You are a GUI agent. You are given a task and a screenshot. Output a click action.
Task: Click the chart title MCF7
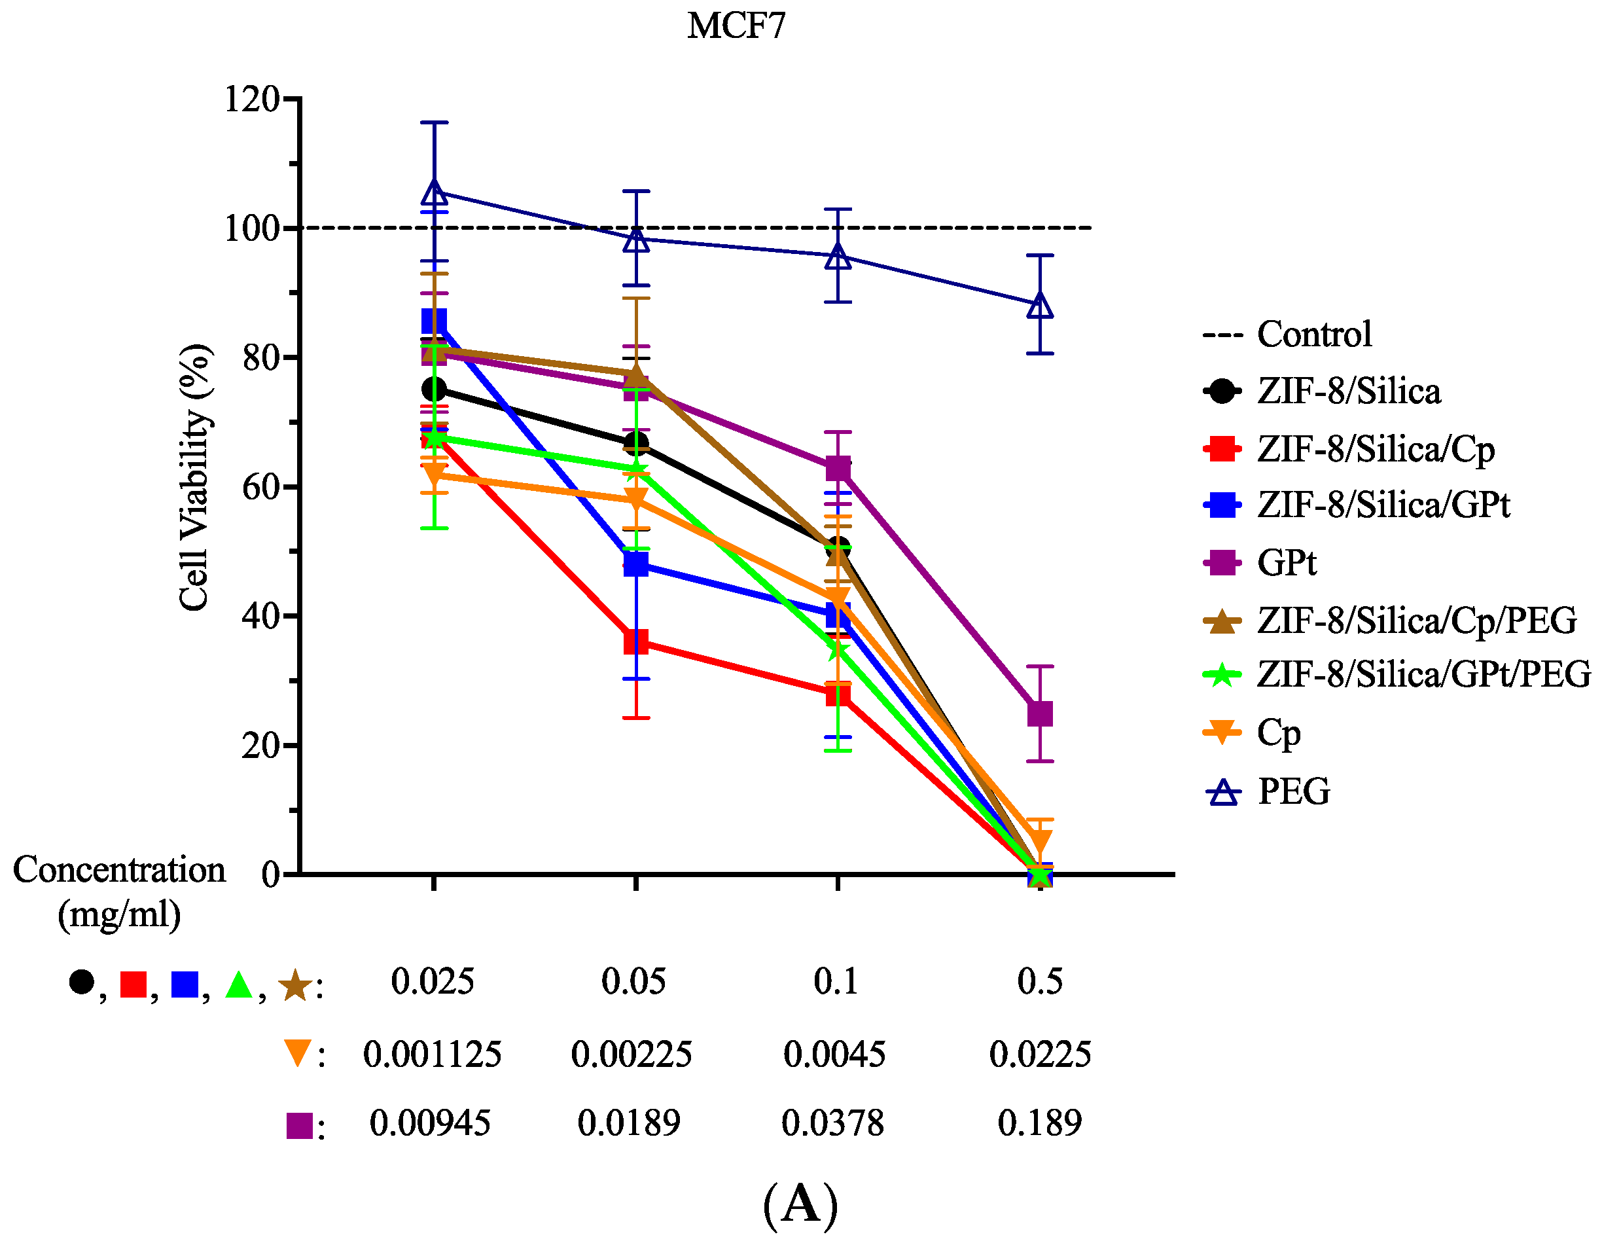[x=736, y=26]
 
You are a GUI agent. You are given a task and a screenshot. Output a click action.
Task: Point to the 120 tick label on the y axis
[x=251, y=99]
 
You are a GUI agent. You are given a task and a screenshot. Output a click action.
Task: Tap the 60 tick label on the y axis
[x=261, y=487]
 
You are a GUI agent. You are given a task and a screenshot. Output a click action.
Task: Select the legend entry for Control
[x=1287, y=334]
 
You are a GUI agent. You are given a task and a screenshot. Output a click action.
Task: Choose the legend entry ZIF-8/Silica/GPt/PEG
[x=1397, y=674]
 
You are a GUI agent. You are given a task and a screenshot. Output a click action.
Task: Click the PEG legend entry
[x=1267, y=791]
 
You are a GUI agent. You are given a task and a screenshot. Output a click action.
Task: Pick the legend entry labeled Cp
[x=1252, y=733]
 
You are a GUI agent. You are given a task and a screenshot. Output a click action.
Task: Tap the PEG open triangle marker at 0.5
[x=1039, y=305]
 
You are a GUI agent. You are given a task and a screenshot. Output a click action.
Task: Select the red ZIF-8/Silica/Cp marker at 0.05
[x=636, y=641]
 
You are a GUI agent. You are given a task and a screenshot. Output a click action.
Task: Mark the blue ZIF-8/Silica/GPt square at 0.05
[x=636, y=564]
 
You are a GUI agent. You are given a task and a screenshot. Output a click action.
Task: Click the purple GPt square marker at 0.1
[x=838, y=468]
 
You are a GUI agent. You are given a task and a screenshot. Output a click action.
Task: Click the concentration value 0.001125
[x=432, y=1055]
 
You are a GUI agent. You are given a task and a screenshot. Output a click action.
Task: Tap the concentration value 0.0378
[x=832, y=1123]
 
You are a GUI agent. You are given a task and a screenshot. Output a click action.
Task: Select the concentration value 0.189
[x=1039, y=1123]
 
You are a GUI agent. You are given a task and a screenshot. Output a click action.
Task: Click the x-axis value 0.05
[x=633, y=981]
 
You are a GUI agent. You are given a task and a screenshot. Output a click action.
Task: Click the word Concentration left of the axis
[x=119, y=869]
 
